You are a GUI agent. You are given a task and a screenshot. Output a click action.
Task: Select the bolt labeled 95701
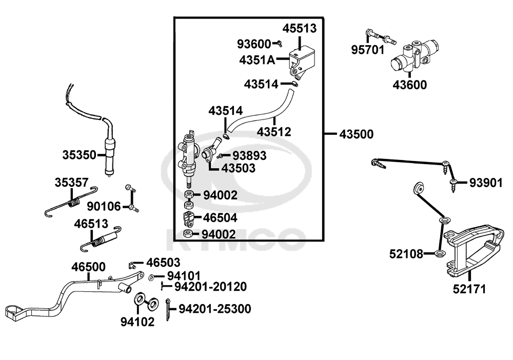(379, 36)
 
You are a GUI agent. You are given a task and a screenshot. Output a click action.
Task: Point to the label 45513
(300, 29)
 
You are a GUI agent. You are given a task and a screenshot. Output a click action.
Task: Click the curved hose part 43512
(262, 110)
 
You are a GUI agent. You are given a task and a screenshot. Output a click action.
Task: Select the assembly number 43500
(356, 134)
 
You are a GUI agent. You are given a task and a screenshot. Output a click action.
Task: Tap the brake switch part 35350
(110, 154)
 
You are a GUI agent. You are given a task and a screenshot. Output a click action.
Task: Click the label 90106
(104, 207)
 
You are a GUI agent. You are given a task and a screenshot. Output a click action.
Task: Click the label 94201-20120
(210, 286)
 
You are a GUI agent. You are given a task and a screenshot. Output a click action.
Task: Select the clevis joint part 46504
(188, 218)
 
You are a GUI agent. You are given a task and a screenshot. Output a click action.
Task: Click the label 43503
(239, 168)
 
